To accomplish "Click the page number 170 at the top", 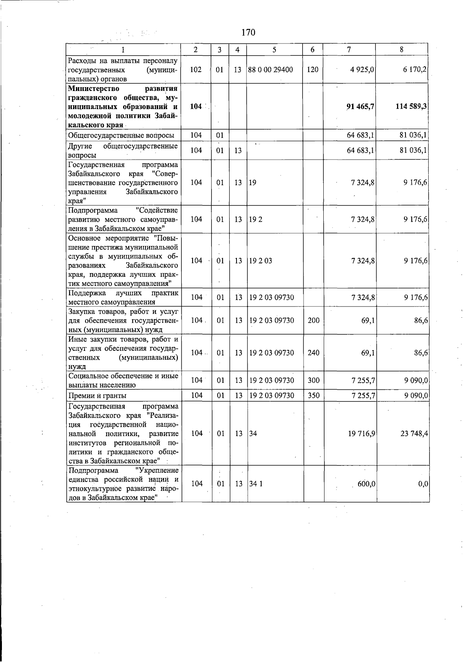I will [x=248, y=32].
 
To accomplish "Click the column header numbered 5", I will [x=274, y=49].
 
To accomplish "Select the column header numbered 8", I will [x=402, y=49].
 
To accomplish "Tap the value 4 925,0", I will [x=363, y=70].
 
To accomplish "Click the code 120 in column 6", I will [x=313, y=70].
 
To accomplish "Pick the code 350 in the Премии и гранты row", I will [x=313, y=395].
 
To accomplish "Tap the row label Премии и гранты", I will [x=97, y=396].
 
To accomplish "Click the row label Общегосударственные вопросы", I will [x=121, y=135].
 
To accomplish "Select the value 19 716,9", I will [x=361, y=433].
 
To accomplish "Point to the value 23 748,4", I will [x=414, y=433].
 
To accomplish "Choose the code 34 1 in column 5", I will [x=255, y=484].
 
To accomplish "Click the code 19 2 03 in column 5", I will [x=260, y=261].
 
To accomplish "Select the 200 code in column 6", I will [x=313, y=320].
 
